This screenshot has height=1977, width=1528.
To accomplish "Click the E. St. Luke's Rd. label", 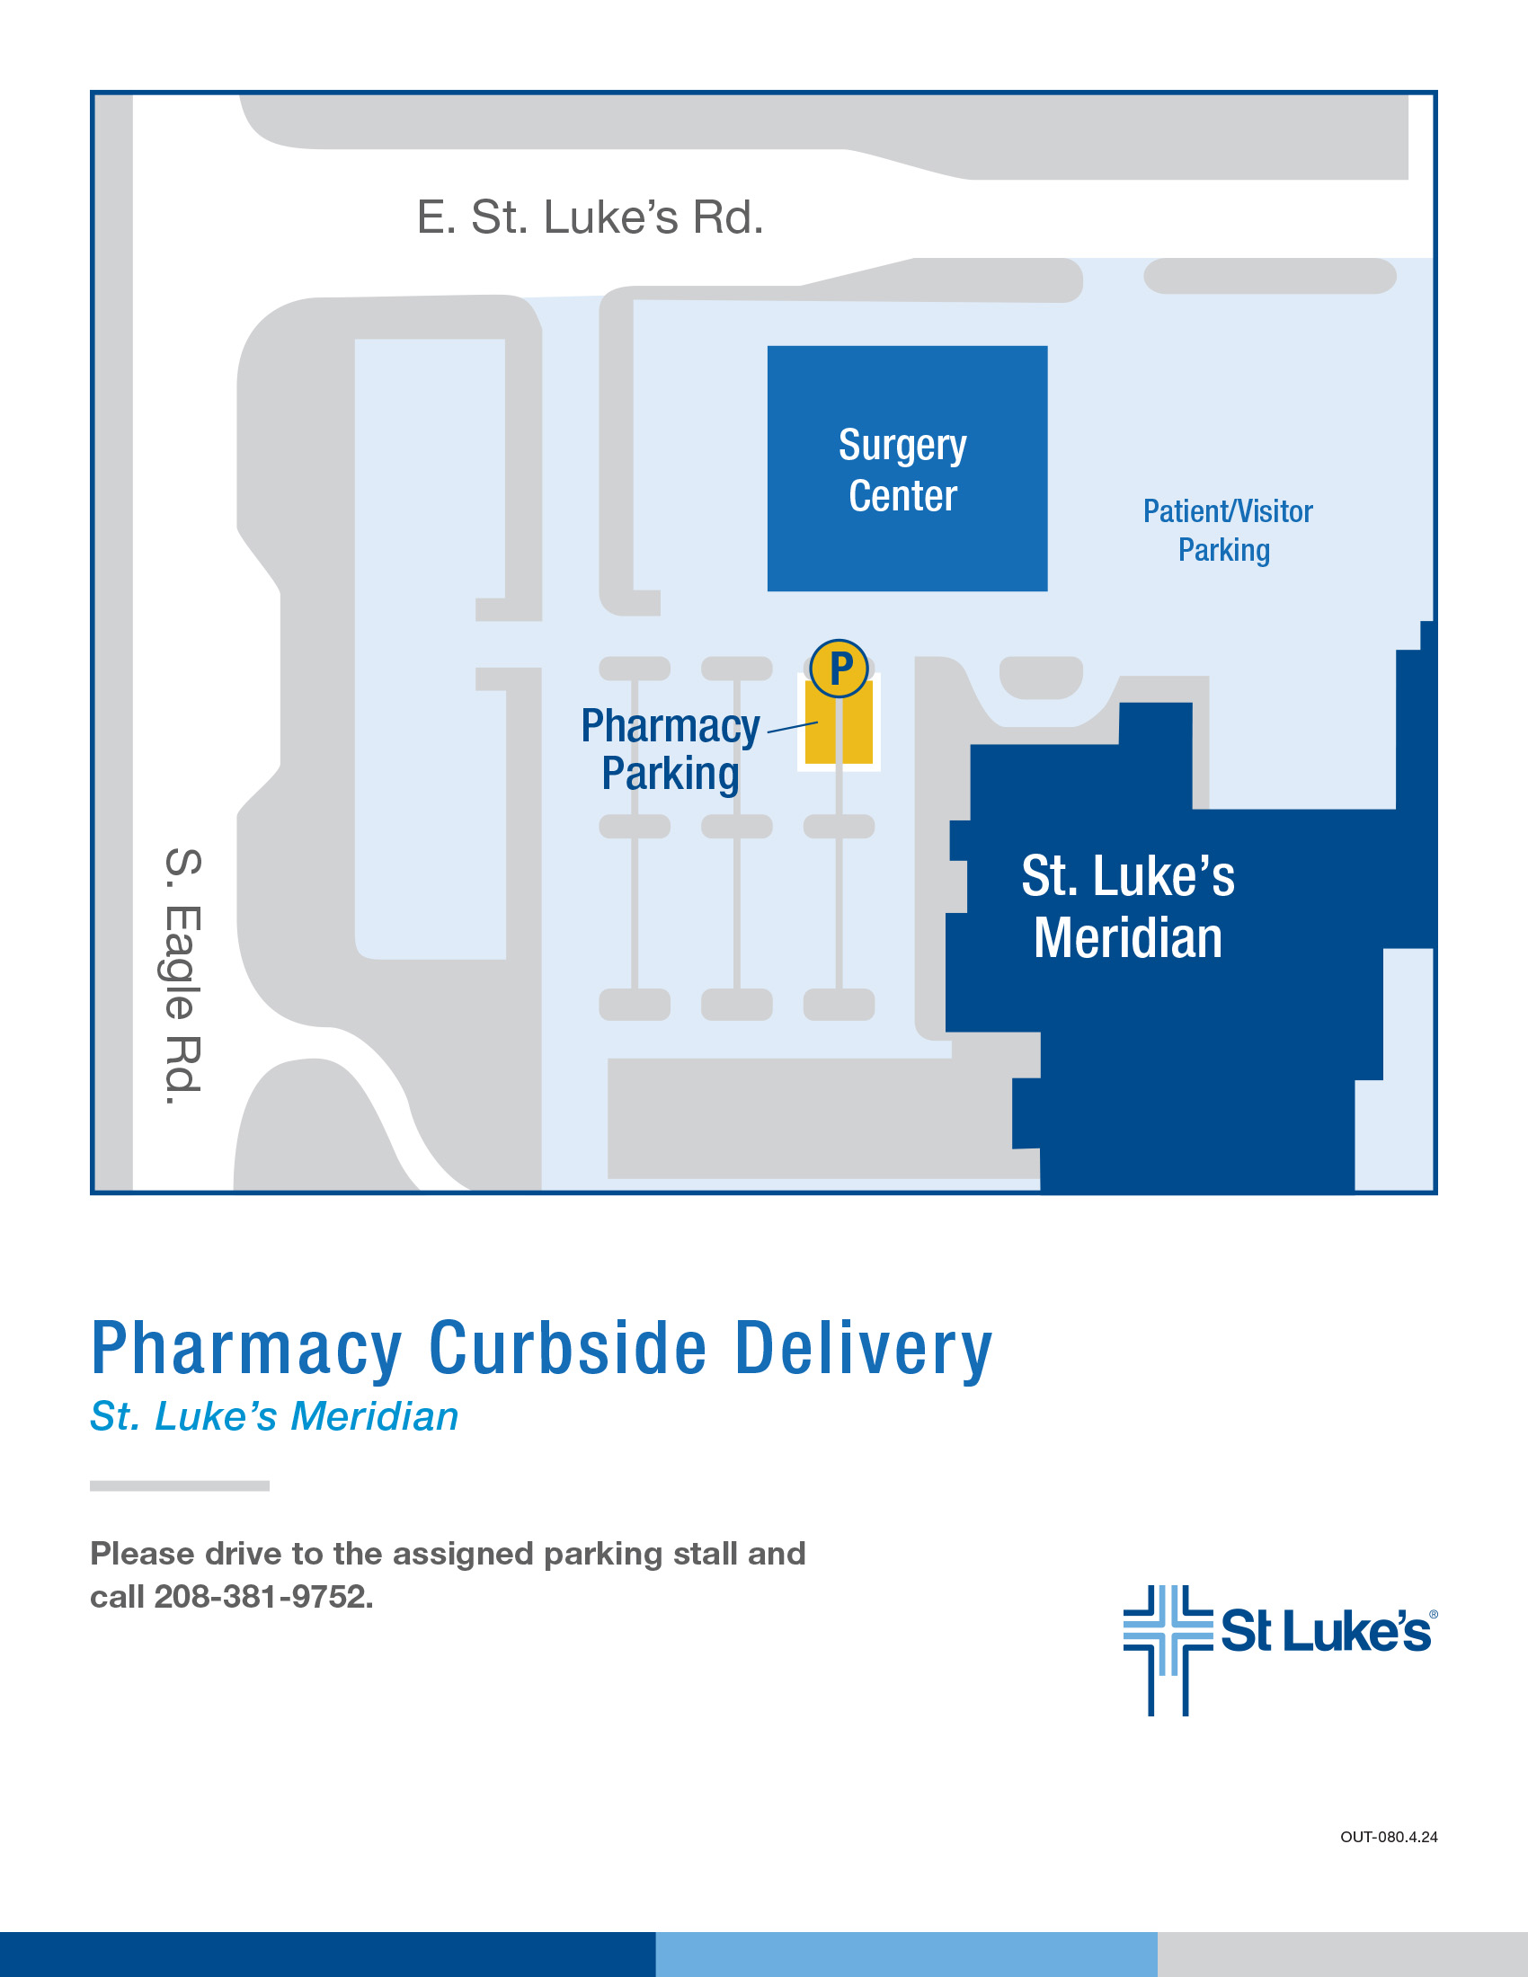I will pyautogui.click(x=591, y=218).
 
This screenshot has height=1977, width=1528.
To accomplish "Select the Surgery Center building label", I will pyautogui.click(x=902, y=470).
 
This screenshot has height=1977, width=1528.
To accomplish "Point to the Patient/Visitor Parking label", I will pyautogui.click(x=1227, y=530).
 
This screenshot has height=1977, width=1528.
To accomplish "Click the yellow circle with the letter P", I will pyautogui.click(x=840, y=669).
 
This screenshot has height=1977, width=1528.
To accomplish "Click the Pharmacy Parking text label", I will pyautogui.click(x=671, y=750).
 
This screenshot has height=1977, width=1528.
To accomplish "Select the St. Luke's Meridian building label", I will pyautogui.click(x=1128, y=906).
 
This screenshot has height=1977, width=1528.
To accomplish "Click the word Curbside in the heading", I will pyautogui.click(x=567, y=1349).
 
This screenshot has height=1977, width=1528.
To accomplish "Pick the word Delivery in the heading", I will pyautogui.click(x=864, y=1349).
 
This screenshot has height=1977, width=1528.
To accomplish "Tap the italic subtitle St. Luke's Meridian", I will pyautogui.click(x=274, y=1416).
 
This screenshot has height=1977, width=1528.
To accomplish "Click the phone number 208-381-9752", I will pyautogui.click(x=262, y=1597).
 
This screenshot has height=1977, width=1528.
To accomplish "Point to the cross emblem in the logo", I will pyautogui.click(x=1168, y=1649).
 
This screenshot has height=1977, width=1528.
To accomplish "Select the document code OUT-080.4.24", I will pyautogui.click(x=1389, y=1837).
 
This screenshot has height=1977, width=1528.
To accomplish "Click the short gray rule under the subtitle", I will pyautogui.click(x=179, y=1485).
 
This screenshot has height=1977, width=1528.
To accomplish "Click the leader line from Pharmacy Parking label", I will pyautogui.click(x=792, y=727).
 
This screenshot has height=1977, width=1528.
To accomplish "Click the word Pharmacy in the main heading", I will pyautogui.click(x=247, y=1349).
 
